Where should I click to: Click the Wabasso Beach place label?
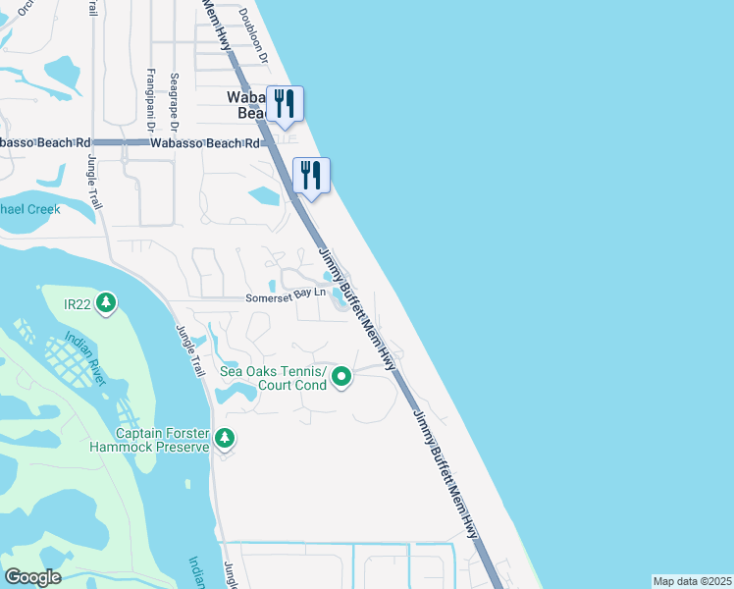[x=246, y=105]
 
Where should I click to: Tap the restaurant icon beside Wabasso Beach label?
[x=285, y=104]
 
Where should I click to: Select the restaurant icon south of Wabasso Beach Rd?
[x=311, y=176]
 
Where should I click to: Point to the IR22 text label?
[x=78, y=304]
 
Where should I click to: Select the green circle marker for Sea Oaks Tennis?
[x=341, y=376]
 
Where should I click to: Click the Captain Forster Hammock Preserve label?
[x=163, y=440]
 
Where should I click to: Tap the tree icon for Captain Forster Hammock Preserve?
[x=226, y=438]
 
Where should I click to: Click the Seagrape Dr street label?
[x=174, y=103]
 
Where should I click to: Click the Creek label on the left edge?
[x=30, y=209]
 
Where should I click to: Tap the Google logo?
[x=33, y=576]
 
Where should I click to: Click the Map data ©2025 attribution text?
[x=692, y=581]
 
